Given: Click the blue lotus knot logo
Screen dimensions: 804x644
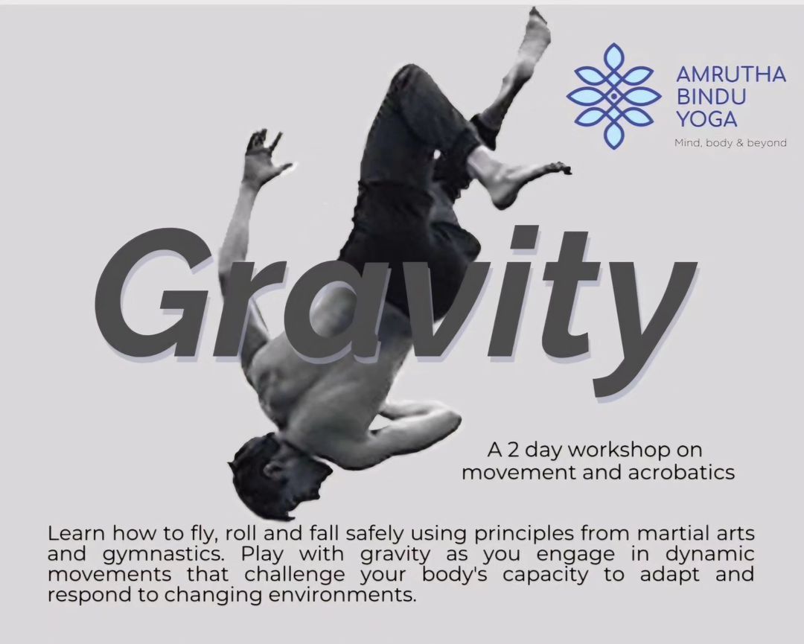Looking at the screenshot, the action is click(x=613, y=96).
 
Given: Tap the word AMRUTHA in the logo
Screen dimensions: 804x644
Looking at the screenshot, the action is click(x=731, y=74).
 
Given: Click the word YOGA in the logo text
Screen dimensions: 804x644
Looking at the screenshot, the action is click(x=706, y=119).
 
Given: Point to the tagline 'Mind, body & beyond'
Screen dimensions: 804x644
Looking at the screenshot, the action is click(x=730, y=142).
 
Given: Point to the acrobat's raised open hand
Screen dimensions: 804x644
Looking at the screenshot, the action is click(x=265, y=154).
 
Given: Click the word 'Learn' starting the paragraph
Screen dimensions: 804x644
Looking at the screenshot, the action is click(x=77, y=534).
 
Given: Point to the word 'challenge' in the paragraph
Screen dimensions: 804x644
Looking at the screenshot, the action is click(x=295, y=576).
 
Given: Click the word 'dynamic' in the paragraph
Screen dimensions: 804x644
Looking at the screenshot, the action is click(x=710, y=555).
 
